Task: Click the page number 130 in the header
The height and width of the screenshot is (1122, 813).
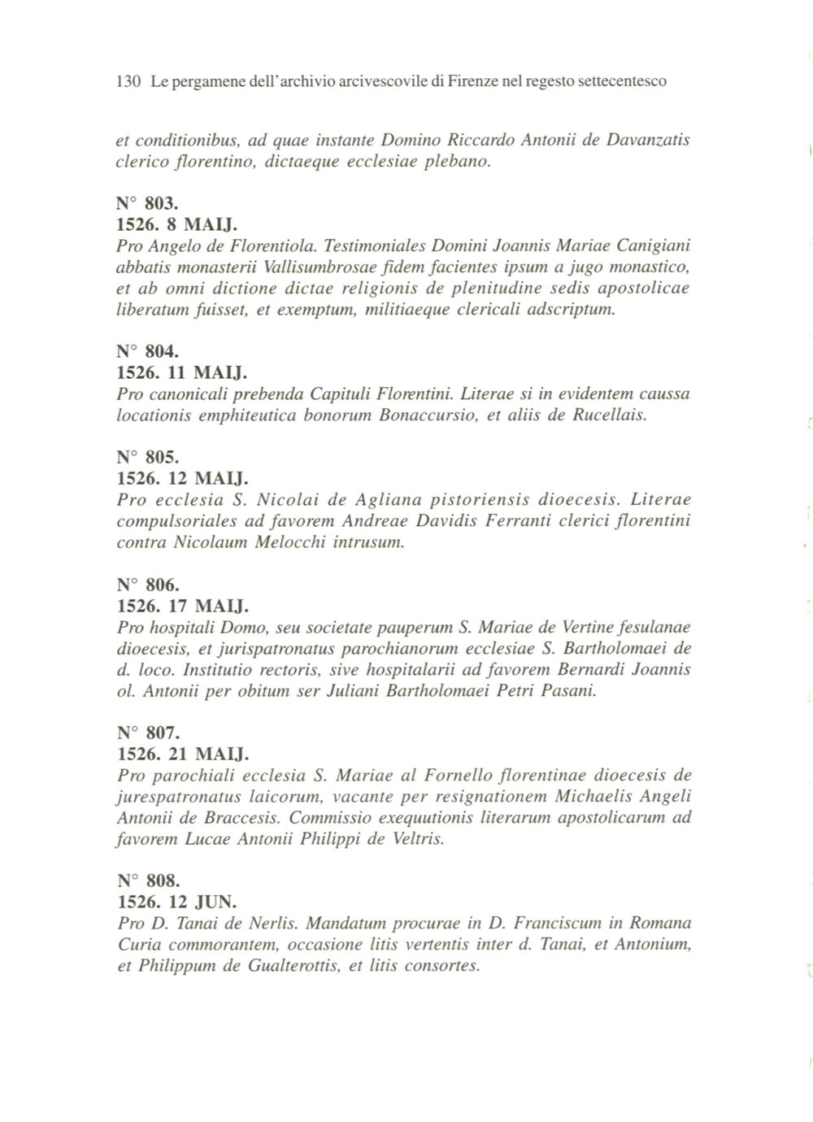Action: [129, 81]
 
